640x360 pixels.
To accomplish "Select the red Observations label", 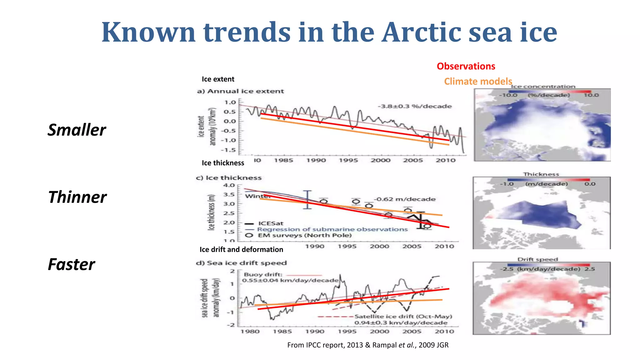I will (466, 66).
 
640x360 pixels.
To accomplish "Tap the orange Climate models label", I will (478, 82).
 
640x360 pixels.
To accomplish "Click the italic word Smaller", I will (77, 130).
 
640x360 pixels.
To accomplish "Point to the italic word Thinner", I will (77, 197).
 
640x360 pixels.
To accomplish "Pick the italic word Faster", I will (71, 264).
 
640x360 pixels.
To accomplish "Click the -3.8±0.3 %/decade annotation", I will (415, 106).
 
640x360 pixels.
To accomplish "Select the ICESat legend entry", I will (270, 223).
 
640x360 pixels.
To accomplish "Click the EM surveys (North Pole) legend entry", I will (304, 235).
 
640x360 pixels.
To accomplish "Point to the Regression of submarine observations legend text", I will (332, 229).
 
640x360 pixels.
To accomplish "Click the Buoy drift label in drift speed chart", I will (263, 274).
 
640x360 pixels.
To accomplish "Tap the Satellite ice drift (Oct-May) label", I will (403, 316).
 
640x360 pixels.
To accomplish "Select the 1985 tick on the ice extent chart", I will (283, 160).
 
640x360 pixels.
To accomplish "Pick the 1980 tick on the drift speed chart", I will (250, 331).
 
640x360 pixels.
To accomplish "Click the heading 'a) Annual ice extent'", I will (240, 91).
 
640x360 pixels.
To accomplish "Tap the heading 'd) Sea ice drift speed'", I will (241, 263).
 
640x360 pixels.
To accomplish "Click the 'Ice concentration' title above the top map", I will (543, 87).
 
